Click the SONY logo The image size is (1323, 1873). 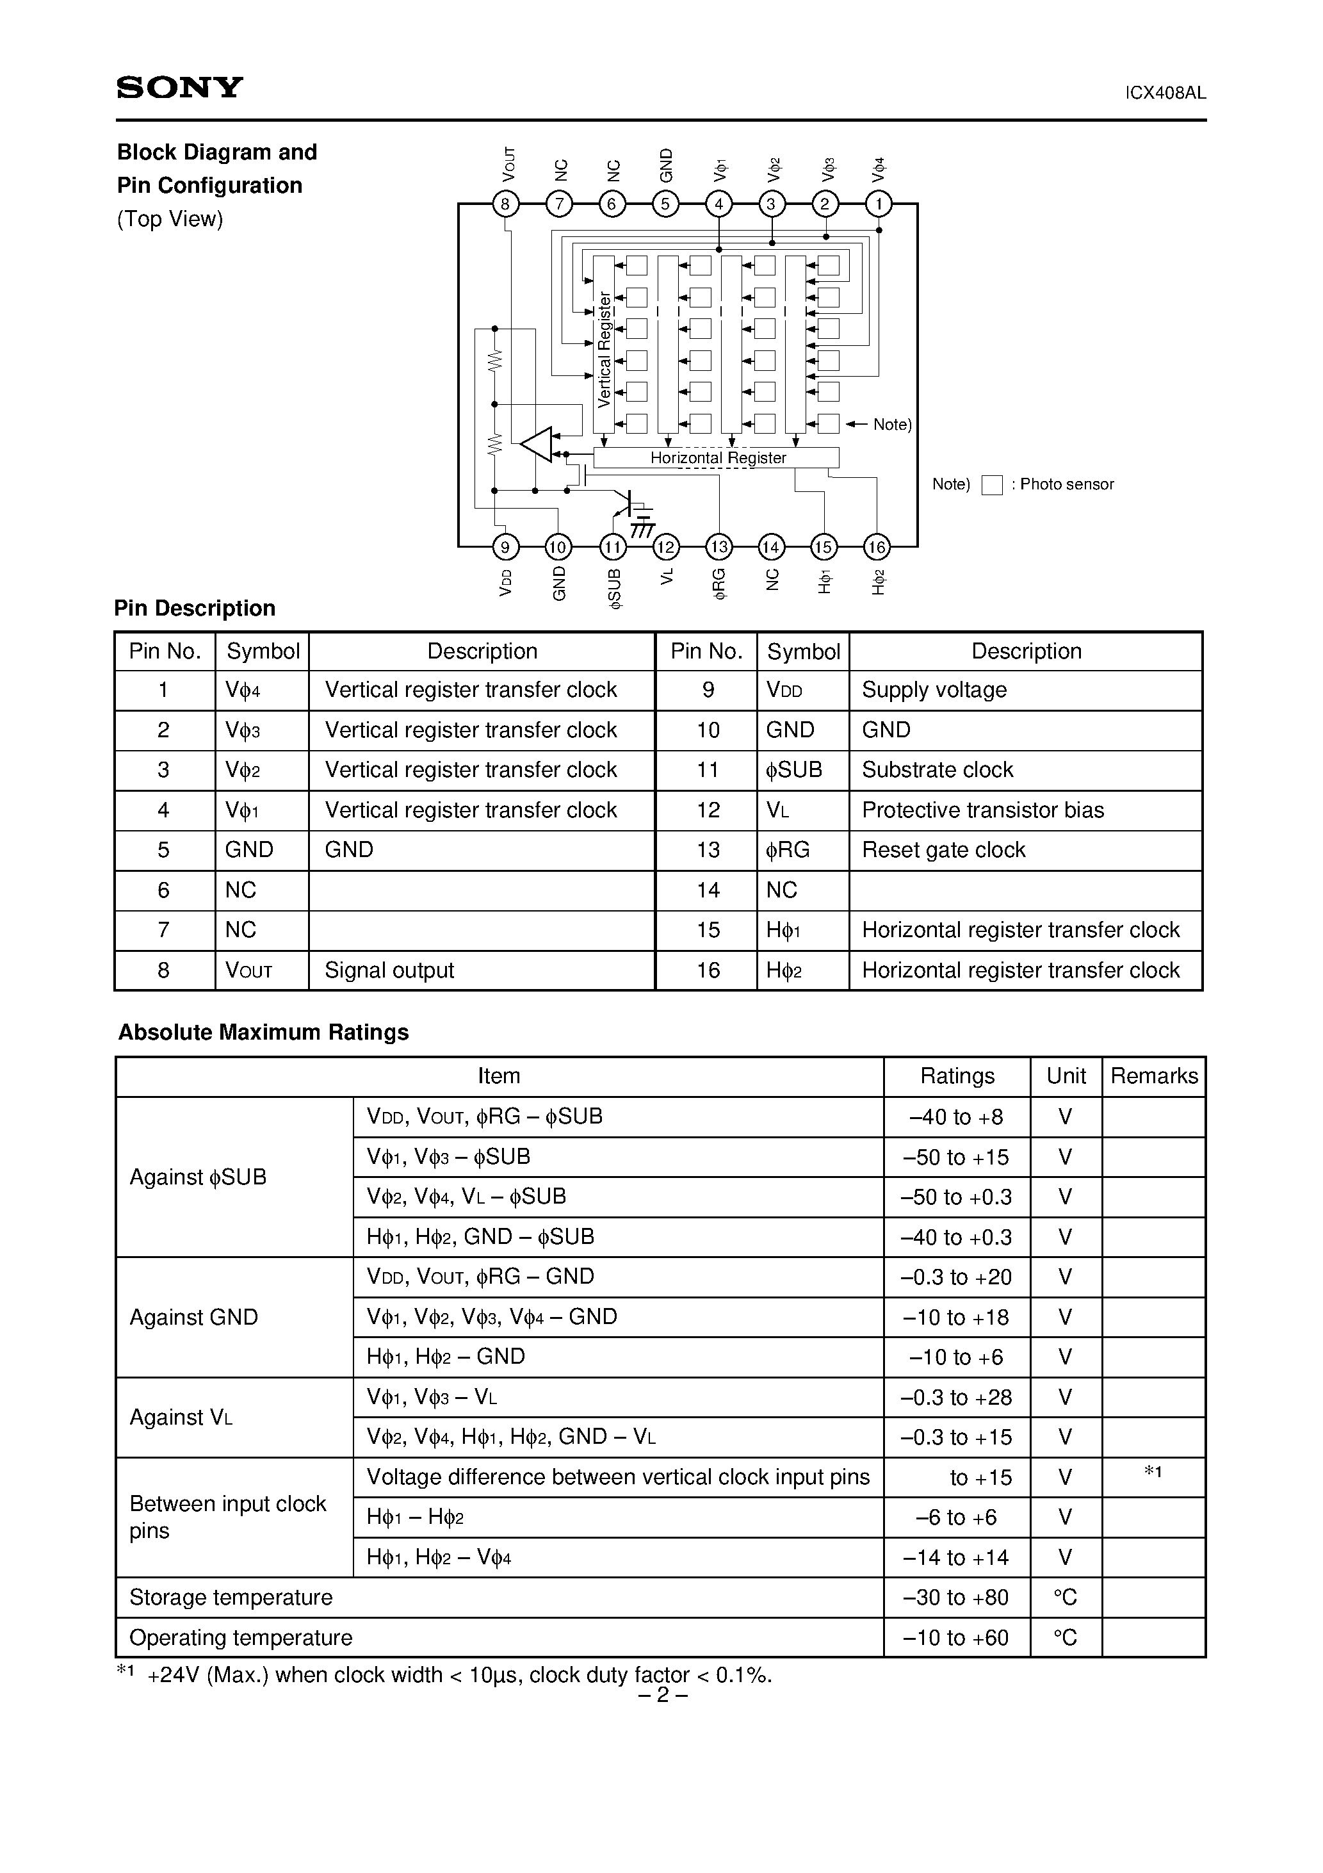point(179,87)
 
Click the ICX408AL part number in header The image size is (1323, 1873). point(1165,93)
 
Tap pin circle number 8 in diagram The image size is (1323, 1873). point(506,203)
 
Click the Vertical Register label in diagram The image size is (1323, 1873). point(605,350)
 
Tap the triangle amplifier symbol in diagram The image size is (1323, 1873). point(537,445)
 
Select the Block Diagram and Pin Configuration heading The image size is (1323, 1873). point(217,169)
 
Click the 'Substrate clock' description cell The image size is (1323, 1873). point(937,770)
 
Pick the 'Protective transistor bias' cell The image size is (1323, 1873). point(982,810)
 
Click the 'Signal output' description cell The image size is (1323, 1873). point(389,970)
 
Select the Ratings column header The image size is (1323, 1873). point(957,1076)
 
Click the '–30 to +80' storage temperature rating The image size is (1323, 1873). point(956,1598)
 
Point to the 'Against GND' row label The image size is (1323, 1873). point(194,1318)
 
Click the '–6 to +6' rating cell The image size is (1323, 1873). point(956,1517)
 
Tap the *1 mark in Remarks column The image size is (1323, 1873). point(1153,1471)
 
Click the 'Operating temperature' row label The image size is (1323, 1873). point(241,1637)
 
